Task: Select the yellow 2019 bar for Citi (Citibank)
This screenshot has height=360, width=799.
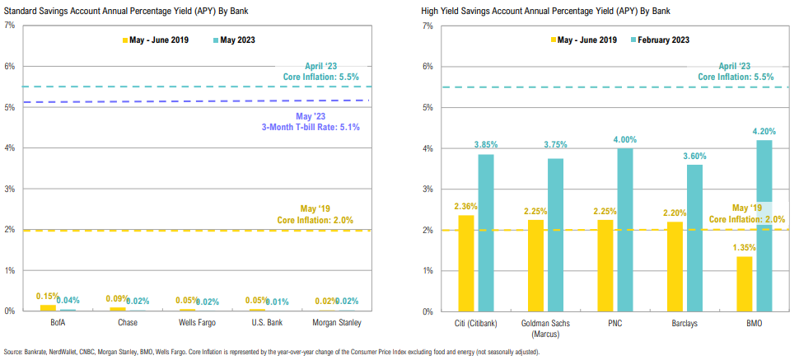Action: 466,264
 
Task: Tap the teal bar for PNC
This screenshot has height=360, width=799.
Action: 626,230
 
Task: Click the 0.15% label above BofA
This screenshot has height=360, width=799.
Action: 48,295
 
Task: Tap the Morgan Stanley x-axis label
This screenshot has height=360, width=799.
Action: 337,322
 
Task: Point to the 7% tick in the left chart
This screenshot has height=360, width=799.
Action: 10,26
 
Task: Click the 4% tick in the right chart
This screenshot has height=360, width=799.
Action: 427,148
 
